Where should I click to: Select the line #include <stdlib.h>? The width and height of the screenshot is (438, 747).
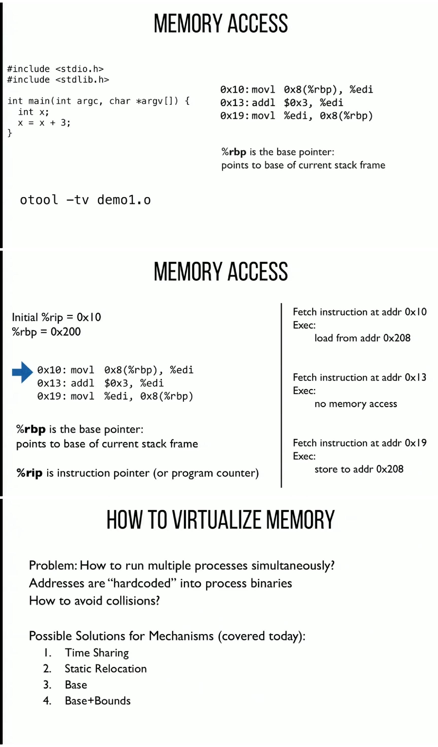coord(58,79)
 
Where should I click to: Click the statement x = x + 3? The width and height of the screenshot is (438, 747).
coord(44,122)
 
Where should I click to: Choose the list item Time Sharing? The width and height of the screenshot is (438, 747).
coord(97,653)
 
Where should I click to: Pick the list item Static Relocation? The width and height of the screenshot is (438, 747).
coord(106,669)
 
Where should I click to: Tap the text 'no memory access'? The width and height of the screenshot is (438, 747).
coord(356,404)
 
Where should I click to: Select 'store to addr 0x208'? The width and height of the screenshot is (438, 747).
coord(359,469)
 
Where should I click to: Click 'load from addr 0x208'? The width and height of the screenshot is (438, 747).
coord(362,338)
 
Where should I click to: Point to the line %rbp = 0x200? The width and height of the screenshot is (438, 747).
coord(46,332)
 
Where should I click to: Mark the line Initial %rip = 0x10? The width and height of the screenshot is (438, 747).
coord(56,317)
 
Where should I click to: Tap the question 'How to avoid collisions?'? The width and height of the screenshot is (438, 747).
coord(94,601)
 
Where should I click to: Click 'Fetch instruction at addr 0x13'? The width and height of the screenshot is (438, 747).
coord(359,377)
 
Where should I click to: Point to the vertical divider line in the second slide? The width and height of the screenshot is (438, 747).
coord(281,394)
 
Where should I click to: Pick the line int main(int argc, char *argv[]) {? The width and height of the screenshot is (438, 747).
coord(98,101)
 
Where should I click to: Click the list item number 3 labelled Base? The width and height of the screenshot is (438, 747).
coord(76,685)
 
